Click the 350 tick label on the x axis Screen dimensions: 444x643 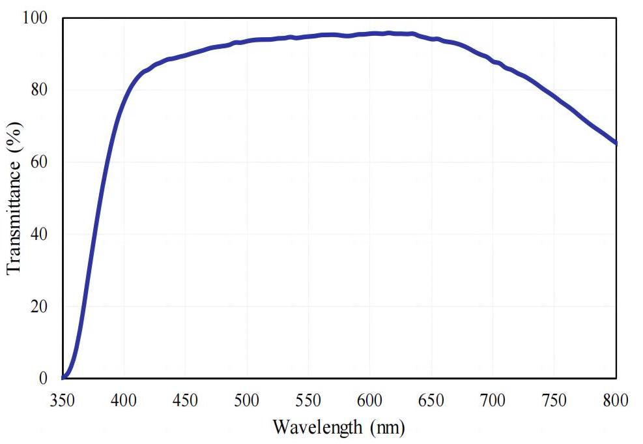coord(63,399)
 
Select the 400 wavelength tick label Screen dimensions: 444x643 coord(124,399)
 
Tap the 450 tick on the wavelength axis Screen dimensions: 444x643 coord(186,399)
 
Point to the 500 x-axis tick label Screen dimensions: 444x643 coord(247,399)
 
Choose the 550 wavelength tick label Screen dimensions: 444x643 coord(308,399)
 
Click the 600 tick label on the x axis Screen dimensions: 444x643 coord(370,399)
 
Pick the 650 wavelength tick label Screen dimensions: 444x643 coord(431,399)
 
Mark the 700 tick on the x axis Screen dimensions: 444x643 coord(493,399)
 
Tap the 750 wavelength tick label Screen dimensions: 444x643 coord(554,399)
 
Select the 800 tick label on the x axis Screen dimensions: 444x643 coord(616,399)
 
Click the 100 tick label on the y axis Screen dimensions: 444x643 coord(36,18)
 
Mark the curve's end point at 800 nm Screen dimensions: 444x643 coord(616,143)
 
